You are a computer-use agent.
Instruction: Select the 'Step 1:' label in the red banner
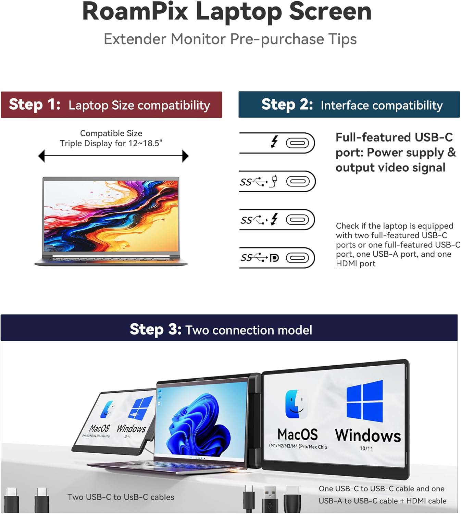tap(35, 104)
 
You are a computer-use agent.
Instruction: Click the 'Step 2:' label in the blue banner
tap(287, 104)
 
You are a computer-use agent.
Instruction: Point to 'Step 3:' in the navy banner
tap(155, 329)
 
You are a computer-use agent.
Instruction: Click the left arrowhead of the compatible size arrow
tap(41, 156)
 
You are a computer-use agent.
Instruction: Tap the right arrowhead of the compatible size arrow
tap(185, 156)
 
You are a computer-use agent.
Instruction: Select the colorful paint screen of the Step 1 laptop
tap(111, 216)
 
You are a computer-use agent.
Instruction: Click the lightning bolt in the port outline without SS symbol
tap(274, 142)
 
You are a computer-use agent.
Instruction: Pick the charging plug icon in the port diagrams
tap(274, 181)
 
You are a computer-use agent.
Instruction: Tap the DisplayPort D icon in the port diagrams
tap(274, 258)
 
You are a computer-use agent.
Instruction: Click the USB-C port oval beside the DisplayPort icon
tap(297, 258)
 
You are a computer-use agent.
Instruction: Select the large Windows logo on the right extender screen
tap(365, 401)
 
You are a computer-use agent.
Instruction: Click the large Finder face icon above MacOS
tap(296, 404)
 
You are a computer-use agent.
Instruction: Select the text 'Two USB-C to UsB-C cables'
tap(121, 497)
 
